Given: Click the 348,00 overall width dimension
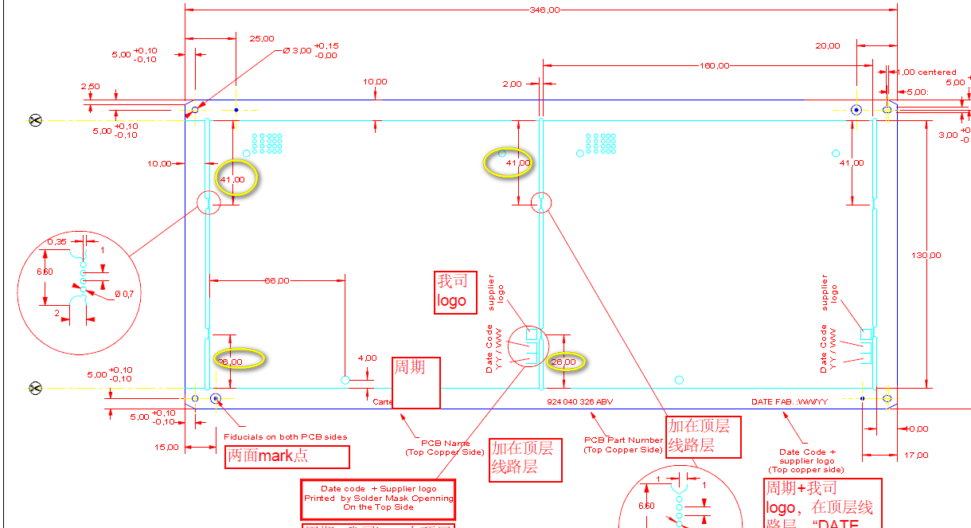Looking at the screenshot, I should [544, 10].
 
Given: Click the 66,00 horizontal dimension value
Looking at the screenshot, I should [276, 280].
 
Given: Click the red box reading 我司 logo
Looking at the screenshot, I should [455, 292].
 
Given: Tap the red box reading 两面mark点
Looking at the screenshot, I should [287, 456].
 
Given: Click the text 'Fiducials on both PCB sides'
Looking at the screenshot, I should [285, 436].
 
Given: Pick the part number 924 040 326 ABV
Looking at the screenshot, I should [579, 401].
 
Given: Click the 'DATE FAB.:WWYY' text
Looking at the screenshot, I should [790, 401].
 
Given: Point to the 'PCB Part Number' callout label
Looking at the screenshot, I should [623, 440].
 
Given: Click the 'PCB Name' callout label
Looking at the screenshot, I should [445, 443].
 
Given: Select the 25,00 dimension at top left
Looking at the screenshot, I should [262, 38].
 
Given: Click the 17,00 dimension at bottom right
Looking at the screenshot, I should [916, 455].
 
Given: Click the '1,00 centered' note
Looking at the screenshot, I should [926, 72].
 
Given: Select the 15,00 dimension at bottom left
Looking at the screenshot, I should [167, 447].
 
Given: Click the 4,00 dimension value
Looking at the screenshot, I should [367, 358].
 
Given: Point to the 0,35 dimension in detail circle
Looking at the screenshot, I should [57, 241].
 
